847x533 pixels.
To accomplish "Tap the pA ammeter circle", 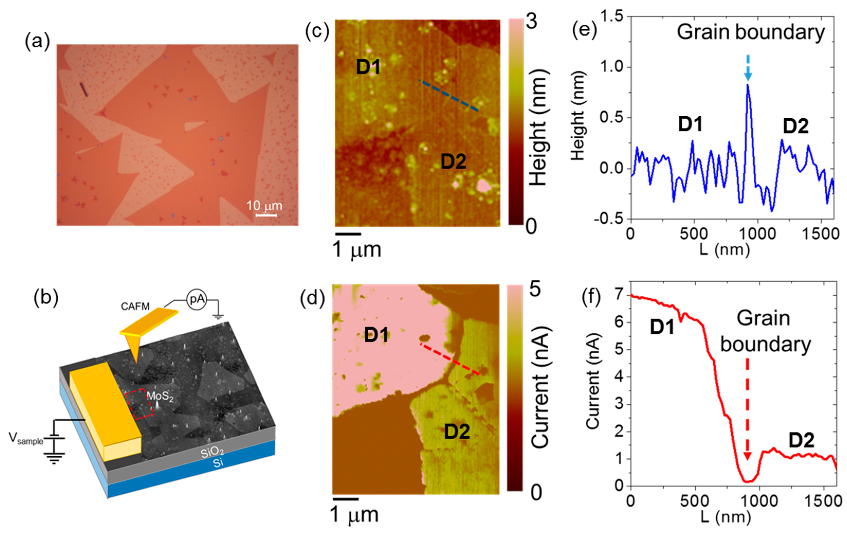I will tap(197, 299).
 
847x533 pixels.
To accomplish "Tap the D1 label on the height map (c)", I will tap(368, 67).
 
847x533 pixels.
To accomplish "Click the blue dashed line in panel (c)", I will tap(448, 95).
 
